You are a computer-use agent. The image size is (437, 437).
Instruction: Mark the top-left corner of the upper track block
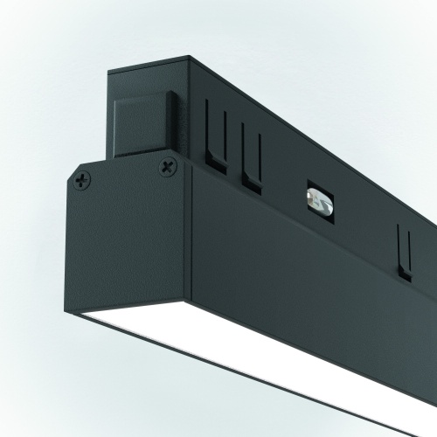[109, 73]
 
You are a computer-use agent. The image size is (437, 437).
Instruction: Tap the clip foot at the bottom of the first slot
[212, 163]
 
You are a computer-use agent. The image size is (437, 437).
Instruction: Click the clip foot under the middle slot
[253, 182]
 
